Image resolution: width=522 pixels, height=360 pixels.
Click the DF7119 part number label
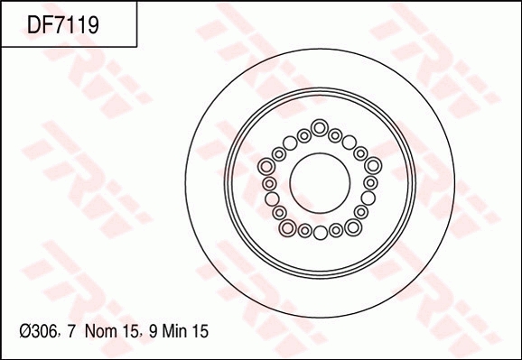[63, 25]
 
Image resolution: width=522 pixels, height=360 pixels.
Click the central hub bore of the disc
[320, 179]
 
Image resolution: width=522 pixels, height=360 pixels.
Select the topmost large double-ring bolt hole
[320, 126]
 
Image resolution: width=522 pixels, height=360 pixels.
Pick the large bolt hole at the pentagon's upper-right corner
[371, 166]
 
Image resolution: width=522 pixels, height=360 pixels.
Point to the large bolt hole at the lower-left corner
[287, 227]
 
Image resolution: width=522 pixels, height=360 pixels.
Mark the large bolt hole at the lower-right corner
[351, 227]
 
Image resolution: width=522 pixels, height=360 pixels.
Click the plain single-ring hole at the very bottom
[320, 233]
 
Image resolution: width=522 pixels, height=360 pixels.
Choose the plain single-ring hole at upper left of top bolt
[290, 142]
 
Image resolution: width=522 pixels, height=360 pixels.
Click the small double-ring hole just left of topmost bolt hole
[304, 135]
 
